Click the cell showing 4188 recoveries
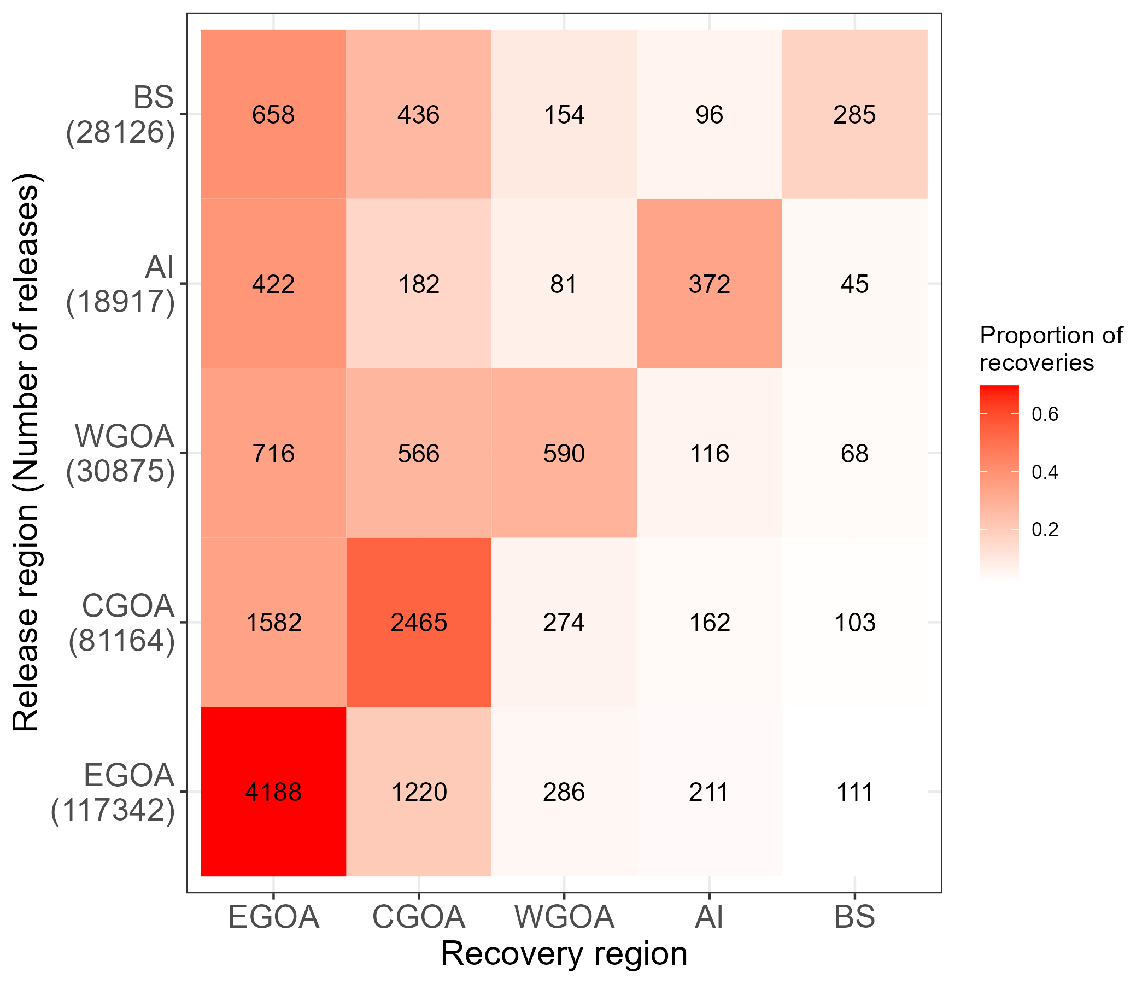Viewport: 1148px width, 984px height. [273, 792]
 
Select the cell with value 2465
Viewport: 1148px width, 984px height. [418, 622]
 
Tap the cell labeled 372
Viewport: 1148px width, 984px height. [709, 284]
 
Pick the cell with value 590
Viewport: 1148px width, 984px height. [564, 453]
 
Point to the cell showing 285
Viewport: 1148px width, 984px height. [854, 115]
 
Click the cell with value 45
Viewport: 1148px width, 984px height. [854, 284]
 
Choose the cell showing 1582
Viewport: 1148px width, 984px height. [273, 622]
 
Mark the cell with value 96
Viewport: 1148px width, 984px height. [709, 115]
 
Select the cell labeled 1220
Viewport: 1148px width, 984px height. [418, 792]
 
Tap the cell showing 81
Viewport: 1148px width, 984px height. [564, 284]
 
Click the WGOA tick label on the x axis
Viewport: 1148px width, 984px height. [564, 917]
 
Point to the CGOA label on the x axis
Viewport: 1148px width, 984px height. [418, 917]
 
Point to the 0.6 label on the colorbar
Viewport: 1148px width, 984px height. [1045, 414]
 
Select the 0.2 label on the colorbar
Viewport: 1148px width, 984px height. [1045, 530]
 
